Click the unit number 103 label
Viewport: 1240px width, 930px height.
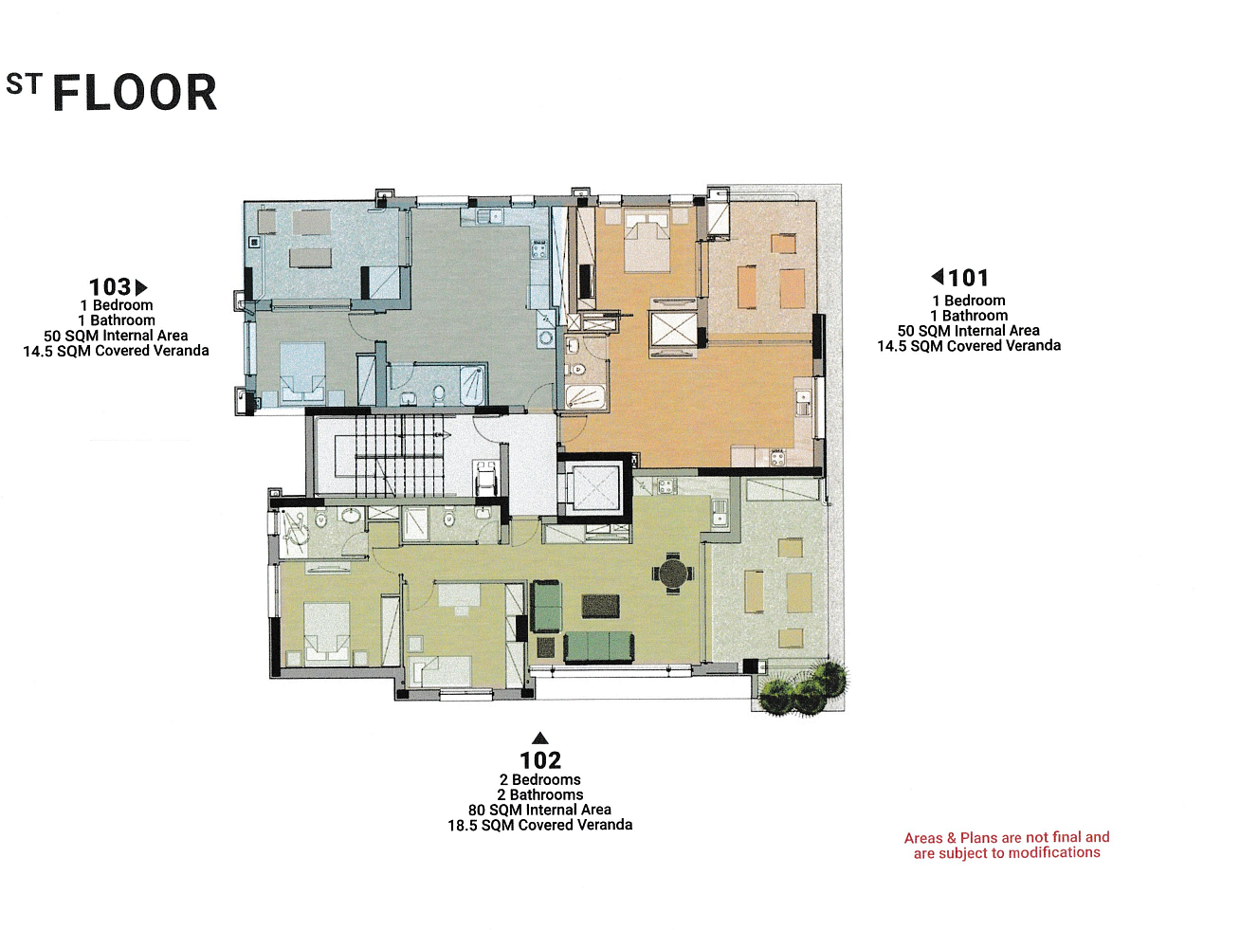tap(110, 287)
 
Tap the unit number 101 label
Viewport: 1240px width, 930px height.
tap(968, 278)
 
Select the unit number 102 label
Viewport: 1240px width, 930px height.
tap(540, 760)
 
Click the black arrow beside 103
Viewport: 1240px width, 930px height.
tap(141, 287)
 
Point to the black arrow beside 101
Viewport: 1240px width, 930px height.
tap(938, 276)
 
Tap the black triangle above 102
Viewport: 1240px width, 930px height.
tap(540, 738)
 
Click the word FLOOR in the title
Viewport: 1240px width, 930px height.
tap(135, 92)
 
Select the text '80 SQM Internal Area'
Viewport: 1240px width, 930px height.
tap(539, 810)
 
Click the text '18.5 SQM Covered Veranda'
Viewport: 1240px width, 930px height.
tap(540, 825)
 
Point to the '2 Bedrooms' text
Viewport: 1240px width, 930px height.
tap(540, 779)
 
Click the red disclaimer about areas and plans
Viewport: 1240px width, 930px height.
tap(1007, 845)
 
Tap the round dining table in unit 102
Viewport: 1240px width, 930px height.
tap(673, 574)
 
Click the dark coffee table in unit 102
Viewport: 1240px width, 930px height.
tap(600, 606)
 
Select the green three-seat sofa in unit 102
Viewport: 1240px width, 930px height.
tap(599, 647)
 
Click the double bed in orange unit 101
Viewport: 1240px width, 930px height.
tap(647, 242)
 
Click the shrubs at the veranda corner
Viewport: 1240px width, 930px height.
tap(804, 687)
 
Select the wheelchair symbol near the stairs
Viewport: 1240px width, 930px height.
tap(485, 479)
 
